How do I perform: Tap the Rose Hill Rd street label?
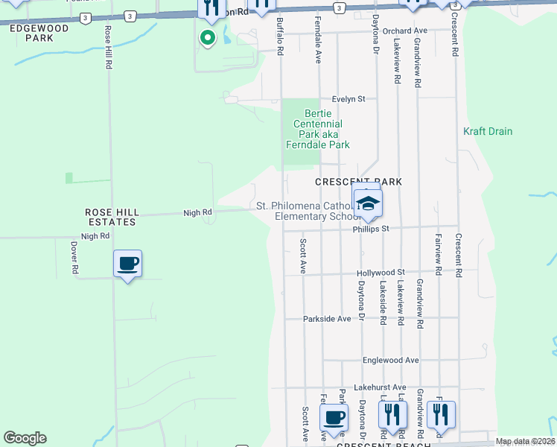[109, 48]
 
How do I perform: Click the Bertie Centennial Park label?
[317, 129]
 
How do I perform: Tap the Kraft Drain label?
[488, 131]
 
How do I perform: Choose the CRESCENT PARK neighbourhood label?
[358, 182]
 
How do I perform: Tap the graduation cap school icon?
[367, 203]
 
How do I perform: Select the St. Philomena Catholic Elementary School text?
[305, 211]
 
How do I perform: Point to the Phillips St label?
[371, 229]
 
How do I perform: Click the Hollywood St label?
[380, 273]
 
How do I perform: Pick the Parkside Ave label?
[326, 319]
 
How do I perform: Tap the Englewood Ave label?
[390, 360]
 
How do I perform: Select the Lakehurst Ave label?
[380, 387]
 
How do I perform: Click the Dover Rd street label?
[74, 256]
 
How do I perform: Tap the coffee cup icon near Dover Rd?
[128, 264]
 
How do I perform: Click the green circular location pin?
[207, 37]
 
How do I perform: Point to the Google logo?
[25, 438]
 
